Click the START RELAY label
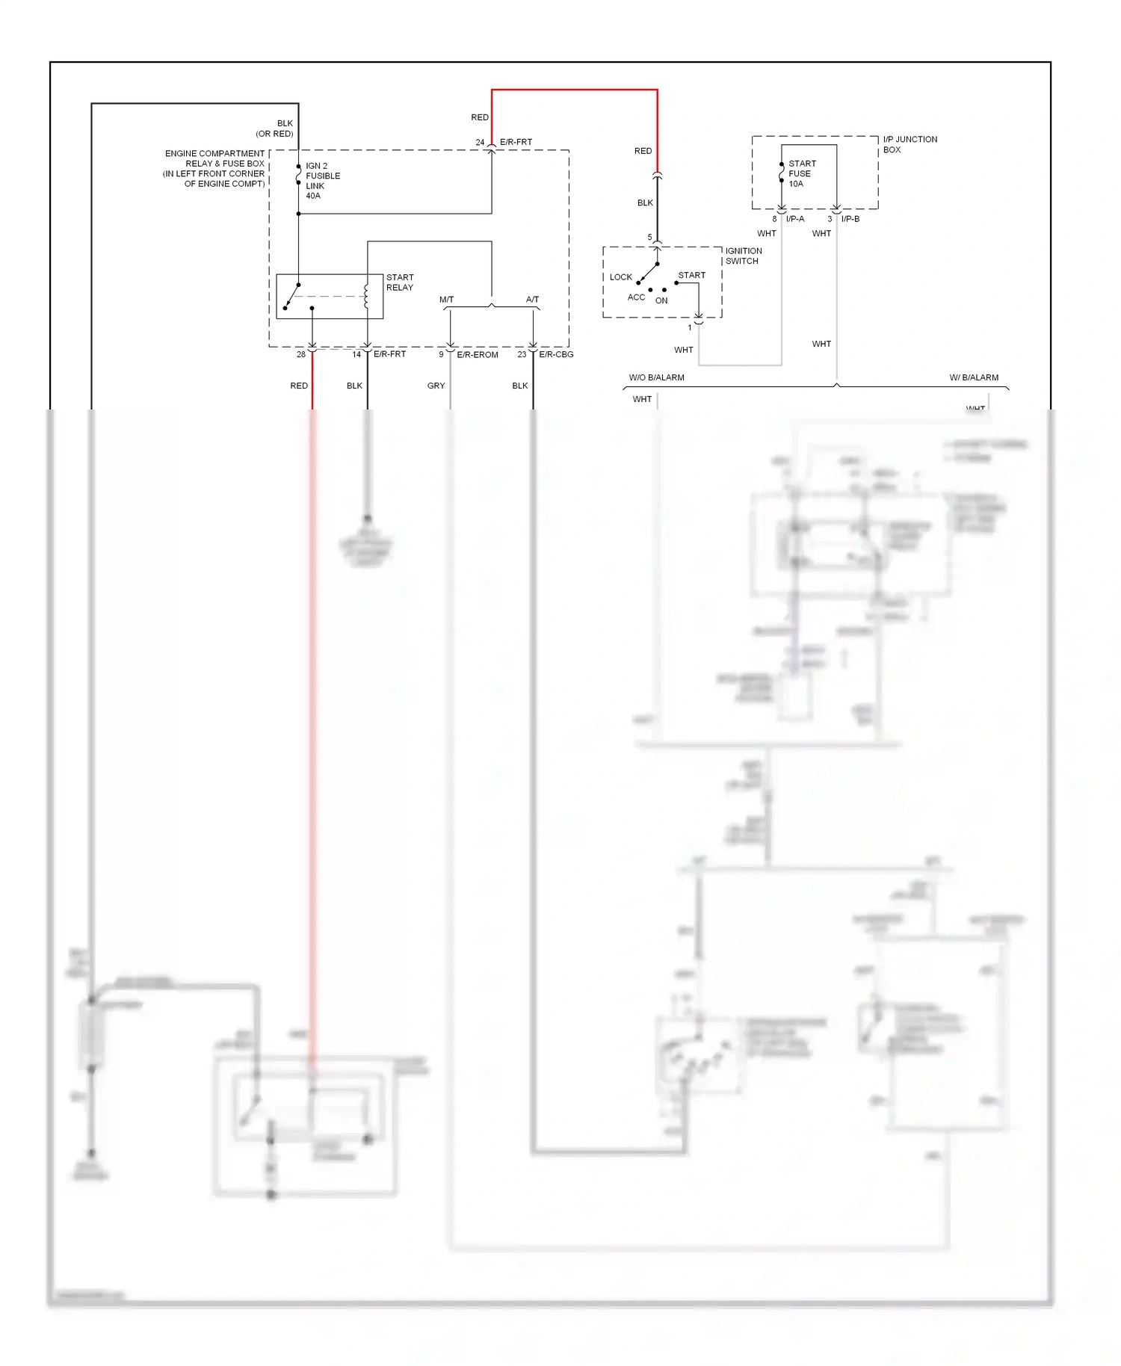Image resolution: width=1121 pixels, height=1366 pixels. pos(400,282)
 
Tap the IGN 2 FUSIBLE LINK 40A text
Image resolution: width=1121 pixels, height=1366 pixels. pos(322,181)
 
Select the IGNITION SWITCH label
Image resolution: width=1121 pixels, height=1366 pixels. pos(743,256)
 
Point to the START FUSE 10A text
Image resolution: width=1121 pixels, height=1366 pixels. pos(802,173)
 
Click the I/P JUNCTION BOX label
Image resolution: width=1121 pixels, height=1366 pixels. pos(910,144)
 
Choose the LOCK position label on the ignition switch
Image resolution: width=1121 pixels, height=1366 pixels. pos(620,277)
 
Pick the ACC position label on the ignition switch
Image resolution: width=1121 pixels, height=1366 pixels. pos(636,297)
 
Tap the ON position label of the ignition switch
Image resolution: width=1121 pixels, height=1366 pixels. pos(661,301)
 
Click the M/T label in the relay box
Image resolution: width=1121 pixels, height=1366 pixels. pos(446,300)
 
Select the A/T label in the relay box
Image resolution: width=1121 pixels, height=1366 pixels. pos(532,300)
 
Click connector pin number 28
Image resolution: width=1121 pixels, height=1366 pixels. pos(301,355)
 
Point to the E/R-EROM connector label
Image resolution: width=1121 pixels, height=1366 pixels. pos(477,355)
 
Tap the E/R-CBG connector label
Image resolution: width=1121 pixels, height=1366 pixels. pos(556,355)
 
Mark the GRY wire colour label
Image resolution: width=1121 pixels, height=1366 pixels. pos(436,386)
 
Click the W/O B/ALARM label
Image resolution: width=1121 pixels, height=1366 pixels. pos(656,378)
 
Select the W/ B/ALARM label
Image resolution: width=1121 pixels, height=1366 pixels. pos(974,378)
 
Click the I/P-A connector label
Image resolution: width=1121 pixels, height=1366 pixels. pos(795,220)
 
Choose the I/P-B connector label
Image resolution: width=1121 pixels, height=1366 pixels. pos(850,220)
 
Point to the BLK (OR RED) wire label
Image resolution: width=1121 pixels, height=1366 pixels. pos(275,129)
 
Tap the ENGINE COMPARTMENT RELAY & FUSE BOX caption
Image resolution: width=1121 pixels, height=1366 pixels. pos(214,169)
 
